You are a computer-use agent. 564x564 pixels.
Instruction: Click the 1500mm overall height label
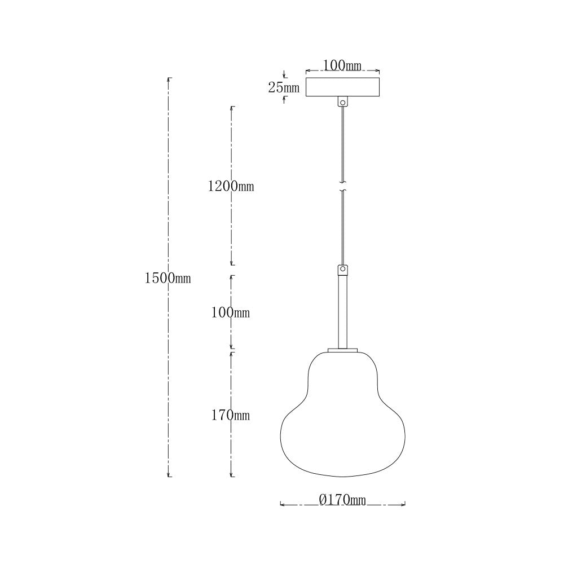click(x=168, y=278)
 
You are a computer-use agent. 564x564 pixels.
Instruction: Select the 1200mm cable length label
click(x=231, y=187)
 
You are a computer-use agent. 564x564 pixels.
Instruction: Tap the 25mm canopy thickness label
click(x=284, y=87)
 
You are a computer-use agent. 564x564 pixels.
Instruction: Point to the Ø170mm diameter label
click(x=342, y=500)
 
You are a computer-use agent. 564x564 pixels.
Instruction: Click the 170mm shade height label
click(x=231, y=416)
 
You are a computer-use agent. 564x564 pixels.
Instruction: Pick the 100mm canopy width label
click(x=342, y=66)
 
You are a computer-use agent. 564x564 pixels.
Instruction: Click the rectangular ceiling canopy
click(x=342, y=87)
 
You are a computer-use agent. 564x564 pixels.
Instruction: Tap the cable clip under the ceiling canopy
click(x=342, y=103)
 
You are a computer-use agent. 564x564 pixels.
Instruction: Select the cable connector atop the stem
click(x=342, y=270)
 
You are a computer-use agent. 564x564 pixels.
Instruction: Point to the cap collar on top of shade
click(x=342, y=351)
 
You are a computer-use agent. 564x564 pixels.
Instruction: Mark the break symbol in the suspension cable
click(x=342, y=187)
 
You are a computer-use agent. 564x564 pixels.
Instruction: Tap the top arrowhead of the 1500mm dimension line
click(x=169, y=79)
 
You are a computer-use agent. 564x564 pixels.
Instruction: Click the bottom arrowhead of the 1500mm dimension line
click(x=169, y=475)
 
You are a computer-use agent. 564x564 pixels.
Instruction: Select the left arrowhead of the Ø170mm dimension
click(x=282, y=504)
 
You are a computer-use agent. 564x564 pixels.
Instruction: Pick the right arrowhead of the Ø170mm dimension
click(x=404, y=504)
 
